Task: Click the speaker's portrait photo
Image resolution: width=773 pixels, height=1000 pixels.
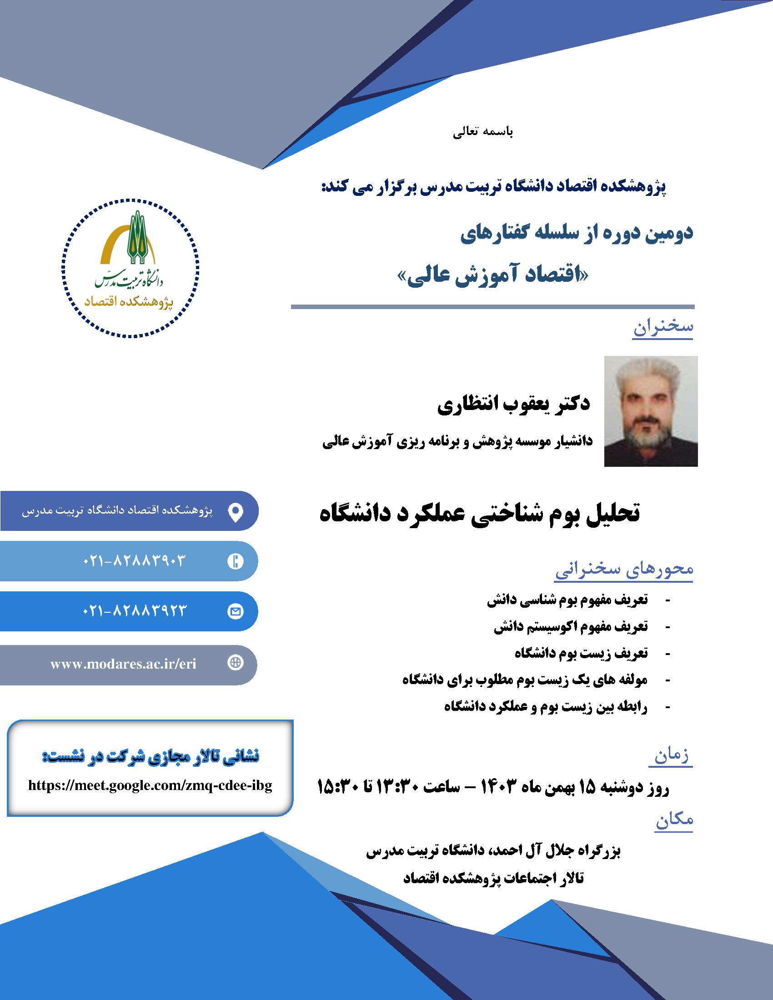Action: point(651,411)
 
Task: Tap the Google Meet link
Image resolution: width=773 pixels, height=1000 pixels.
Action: point(150,786)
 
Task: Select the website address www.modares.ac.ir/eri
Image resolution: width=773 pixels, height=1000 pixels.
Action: point(123,665)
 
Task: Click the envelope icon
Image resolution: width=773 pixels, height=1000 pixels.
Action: point(236,611)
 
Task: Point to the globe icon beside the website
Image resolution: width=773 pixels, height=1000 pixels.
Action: point(236,664)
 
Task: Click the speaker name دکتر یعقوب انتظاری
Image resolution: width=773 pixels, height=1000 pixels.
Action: point(514,405)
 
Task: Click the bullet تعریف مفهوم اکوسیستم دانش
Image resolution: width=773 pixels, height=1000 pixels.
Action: point(571,627)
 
